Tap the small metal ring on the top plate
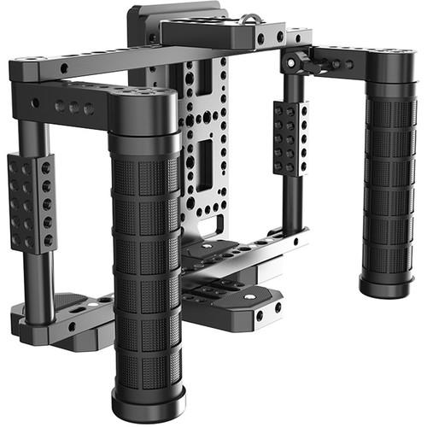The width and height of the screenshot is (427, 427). tap(250, 16)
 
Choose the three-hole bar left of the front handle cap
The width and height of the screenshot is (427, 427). tap(73, 106)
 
